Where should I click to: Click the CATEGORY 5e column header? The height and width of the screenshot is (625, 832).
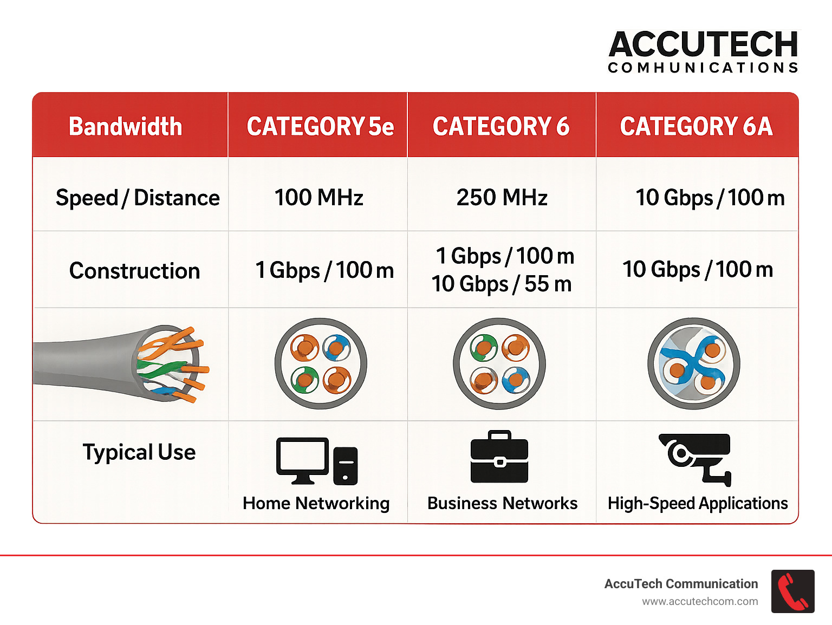click(x=320, y=127)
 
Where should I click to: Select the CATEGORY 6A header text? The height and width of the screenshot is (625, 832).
click(x=696, y=127)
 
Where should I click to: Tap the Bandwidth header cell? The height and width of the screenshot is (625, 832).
click(x=125, y=127)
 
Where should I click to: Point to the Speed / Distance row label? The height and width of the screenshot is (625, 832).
click(x=138, y=198)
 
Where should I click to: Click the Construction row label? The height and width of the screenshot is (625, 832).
click(x=135, y=271)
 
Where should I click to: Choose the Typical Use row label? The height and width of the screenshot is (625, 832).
click(x=139, y=452)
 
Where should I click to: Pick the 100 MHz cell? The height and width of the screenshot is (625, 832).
click(x=318, y=197)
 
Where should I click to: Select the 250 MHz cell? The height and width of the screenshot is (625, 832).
click(x=502, y=197)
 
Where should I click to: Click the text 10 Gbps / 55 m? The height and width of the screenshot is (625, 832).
click(x=502, y=284)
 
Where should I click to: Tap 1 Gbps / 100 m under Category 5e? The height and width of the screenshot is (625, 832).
click(x=324, y=270)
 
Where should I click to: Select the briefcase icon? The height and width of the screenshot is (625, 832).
click(x=499, y=457)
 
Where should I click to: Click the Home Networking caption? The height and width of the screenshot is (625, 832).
click(x=316, y=503)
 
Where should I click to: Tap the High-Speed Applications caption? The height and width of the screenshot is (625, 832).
click(x=698, y=503)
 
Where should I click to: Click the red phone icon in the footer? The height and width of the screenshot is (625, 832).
click(x=792, y=591)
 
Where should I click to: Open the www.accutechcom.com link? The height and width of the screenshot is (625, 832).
click(x=700, y=601)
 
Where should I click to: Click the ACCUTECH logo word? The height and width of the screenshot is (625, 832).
click(x=703, y=44)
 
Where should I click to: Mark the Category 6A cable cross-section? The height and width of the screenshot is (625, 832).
click(x=694, y=363)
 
